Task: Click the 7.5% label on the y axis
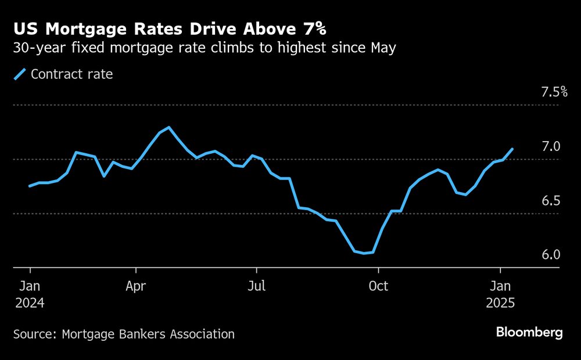click(x=554, y=92)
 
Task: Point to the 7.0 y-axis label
click(x=551, y=146)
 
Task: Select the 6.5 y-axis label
click(x=551, y=201)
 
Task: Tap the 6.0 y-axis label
click(x=551, y=255)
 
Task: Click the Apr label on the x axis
click(x=136, y=286)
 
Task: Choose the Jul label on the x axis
click(x=256, y=286)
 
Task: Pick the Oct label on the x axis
click(x=378, y=286)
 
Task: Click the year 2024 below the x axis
click(x=30, y=303)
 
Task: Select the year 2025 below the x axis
click(x=500, y=303)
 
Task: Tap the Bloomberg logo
click(x=529, y=333)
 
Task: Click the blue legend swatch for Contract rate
click(x=20, y=74)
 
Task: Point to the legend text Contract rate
click(x=71, y=74)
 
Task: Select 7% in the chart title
click(x=312, y=28)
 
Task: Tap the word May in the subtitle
click(x=383, y=49)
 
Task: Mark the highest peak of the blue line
click(x=168, y=127)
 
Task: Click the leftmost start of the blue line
click(x=30, y=186)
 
